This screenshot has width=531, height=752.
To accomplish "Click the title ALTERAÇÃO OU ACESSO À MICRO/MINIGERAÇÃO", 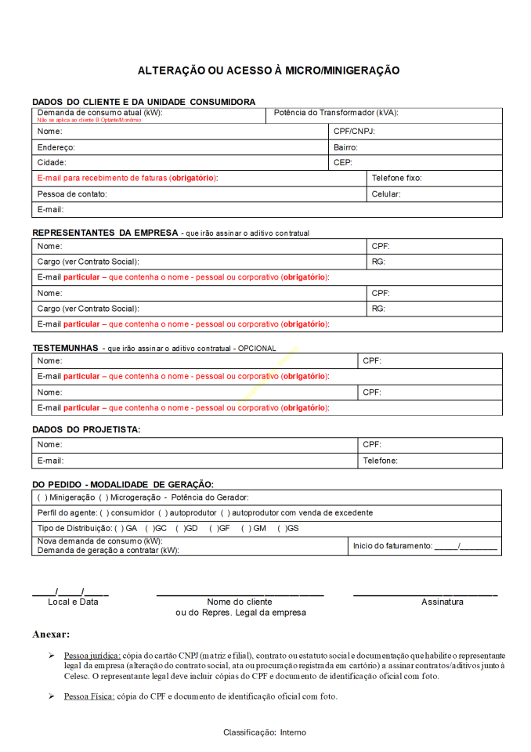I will (269, 70).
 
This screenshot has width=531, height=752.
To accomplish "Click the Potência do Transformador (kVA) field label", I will (336, 113).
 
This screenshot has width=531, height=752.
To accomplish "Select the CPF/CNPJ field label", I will (354, 132).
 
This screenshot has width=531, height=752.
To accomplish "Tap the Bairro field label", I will (345, 147).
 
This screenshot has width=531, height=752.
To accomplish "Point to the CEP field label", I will (343, 163).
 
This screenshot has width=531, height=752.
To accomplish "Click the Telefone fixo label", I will (396, 178).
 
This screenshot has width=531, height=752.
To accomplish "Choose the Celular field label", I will (386, 193).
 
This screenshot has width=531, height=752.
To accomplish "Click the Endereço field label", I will (56, 147).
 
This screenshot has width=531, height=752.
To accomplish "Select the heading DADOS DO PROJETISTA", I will (86, 430).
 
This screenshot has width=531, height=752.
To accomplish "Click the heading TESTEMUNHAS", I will (65, 347).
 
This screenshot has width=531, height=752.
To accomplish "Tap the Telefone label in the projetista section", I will (380, 461).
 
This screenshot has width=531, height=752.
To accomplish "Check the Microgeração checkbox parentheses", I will (103, 497).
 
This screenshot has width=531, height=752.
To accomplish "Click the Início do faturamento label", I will (392, 545).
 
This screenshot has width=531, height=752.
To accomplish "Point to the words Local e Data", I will (73, 602).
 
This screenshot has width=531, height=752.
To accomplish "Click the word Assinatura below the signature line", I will (442, 602).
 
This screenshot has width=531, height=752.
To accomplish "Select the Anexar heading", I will (51, 634).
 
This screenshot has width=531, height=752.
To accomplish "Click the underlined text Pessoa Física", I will (89, 696).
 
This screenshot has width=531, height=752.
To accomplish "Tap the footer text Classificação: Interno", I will (265, 732).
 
